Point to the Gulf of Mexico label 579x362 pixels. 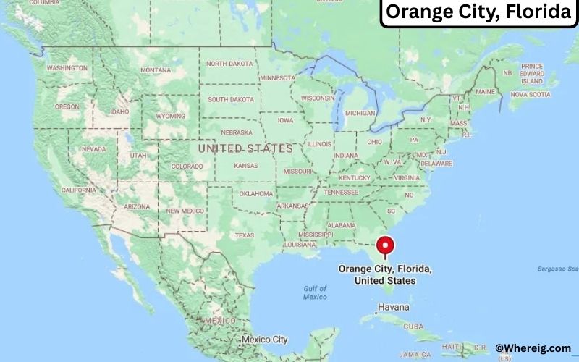[x=315, y=292]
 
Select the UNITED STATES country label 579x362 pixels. [x=245, y=148]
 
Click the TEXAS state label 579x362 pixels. [x=245, y=235]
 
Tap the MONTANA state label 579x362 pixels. [x=156, y=70]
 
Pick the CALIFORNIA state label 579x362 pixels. [x=79, y=190]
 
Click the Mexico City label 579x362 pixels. [x=264, y=339]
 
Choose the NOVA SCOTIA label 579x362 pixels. [x=530, y=94]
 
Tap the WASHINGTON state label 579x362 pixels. [x=67, y=67]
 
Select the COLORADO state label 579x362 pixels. [x=187, y=167]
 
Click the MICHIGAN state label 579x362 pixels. [x=360, y=113]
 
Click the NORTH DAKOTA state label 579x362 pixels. [x=230, y=64]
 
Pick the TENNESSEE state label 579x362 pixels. [x=341, y=193]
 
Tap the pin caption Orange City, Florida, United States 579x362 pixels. [x=386, y=274]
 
